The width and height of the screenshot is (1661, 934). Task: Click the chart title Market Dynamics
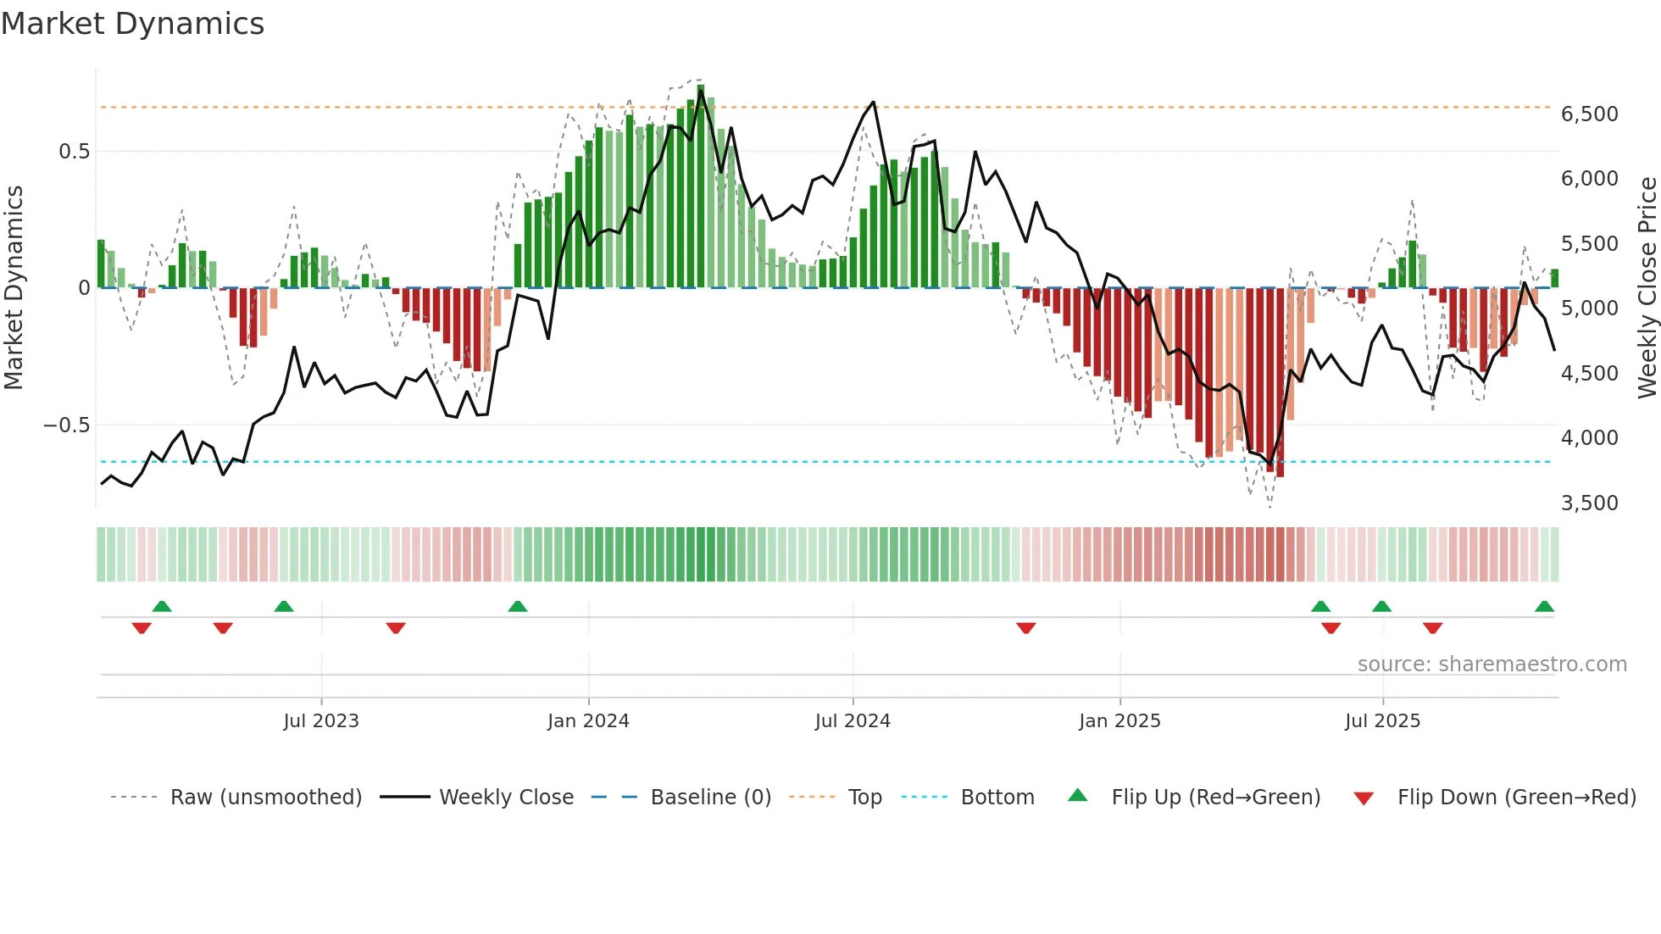[132, 24]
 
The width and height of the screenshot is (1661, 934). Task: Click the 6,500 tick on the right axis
[1589, 114]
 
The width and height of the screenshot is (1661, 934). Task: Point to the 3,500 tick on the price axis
[1589, 503]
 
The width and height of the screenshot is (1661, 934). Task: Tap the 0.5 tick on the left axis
[74, 152]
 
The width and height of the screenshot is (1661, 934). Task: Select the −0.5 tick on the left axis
[67, 425]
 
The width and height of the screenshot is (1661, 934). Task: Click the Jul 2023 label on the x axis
[321, 721]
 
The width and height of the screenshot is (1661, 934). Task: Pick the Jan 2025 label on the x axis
[1119, 721]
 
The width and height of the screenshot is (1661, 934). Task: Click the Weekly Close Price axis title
[1647, 288]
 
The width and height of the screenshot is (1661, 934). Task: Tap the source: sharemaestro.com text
[1492, 664]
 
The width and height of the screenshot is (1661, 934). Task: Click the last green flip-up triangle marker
[1544, 607]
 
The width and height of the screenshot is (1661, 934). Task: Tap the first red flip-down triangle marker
[142, 628]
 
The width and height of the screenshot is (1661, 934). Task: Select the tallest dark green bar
[701, 186]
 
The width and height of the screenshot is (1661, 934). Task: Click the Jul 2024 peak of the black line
[874, 103]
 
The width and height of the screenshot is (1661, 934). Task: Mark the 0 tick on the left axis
[84, 288]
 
